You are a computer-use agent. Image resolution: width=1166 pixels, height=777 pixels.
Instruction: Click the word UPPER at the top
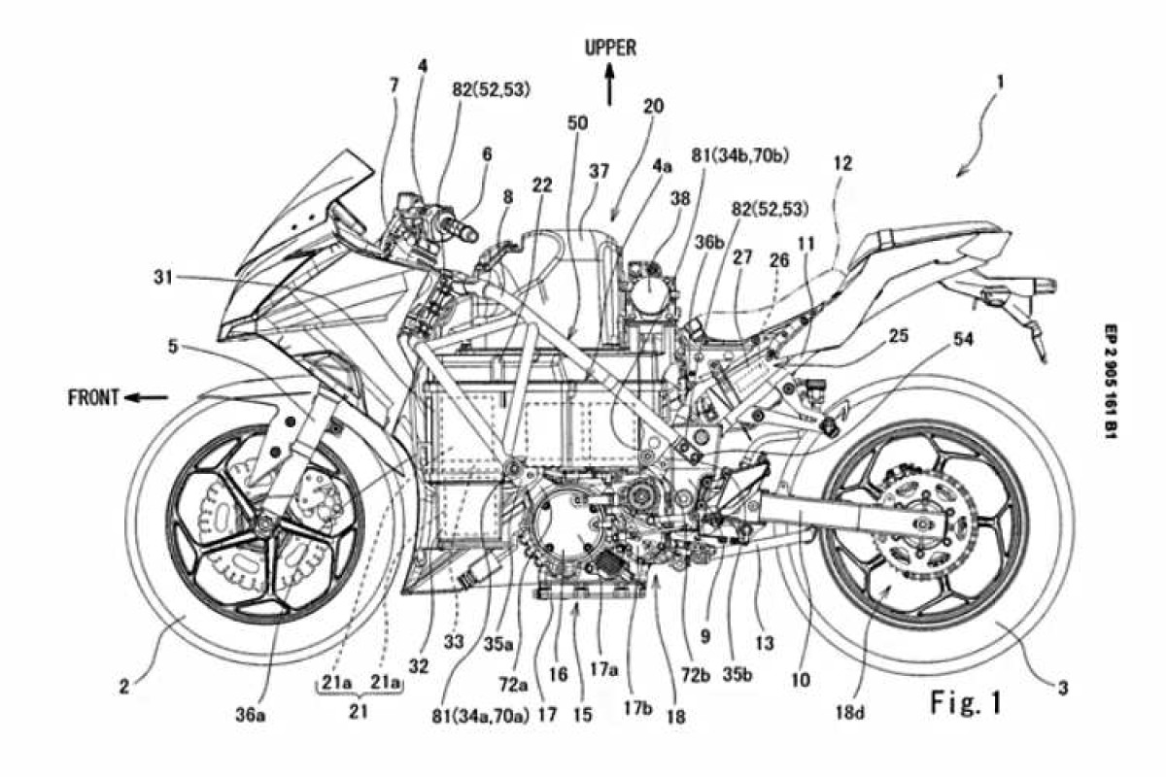click(609, 46)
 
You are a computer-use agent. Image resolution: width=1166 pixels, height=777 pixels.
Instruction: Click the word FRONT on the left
click(94, 396)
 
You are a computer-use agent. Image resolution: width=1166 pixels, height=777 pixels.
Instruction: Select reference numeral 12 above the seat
click(841, 164)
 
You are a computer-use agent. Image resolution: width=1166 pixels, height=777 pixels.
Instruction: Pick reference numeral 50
click(577, 123)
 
